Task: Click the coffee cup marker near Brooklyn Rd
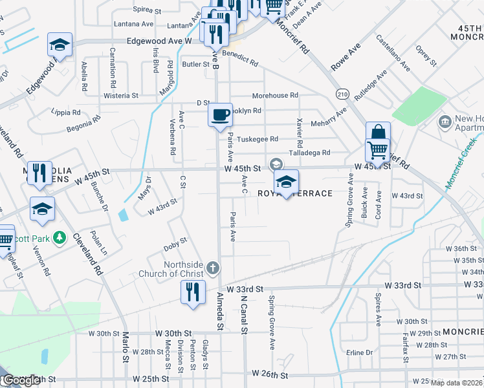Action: point(221,114)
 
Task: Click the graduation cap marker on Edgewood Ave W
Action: point(60,45)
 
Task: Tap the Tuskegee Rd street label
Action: point(257,139)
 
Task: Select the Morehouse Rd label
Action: point(275,95)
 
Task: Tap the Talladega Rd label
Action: point(310,153)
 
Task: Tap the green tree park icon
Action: point(60,238)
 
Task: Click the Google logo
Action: point(21,380)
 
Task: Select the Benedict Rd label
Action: point(240,59)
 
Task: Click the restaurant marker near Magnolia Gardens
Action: point(40,172)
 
